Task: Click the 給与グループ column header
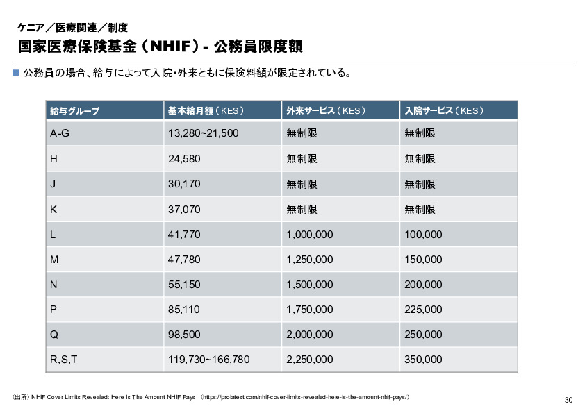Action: coord(75,111)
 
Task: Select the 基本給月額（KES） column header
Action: coord(206,111)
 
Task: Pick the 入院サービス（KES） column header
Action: coord(444,111)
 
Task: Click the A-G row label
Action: coord(60,133)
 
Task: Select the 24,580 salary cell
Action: coord(185,159)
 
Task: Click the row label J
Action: coord(53,184)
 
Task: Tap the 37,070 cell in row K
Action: coord(185,209)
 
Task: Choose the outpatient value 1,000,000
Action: coord(310,235)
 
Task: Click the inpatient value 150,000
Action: coord(423,260)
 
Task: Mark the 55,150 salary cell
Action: coord(185,285)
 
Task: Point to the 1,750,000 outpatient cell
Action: coord(310,310)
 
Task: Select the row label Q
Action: coord(54,335)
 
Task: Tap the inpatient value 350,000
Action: coord(423,360)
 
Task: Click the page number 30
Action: coord(568,400)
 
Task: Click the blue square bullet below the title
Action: coord(16,72)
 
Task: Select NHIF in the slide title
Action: coord(169,47)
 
